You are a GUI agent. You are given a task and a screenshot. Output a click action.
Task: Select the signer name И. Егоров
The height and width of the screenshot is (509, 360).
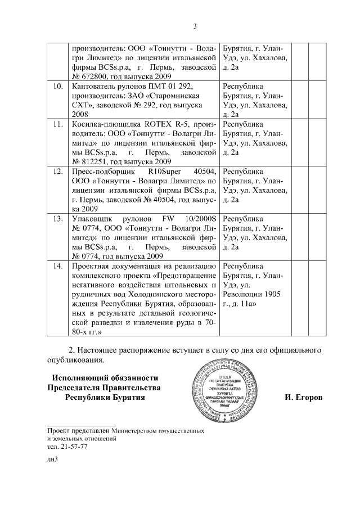(304, 398)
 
